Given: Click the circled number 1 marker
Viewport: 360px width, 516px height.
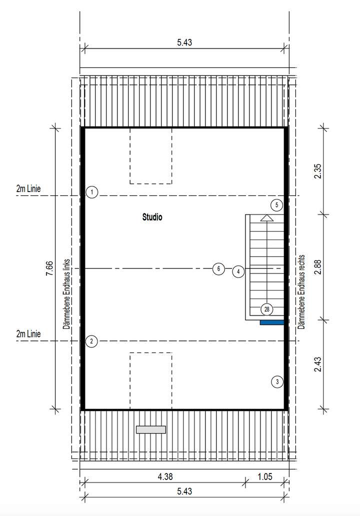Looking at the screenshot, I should pyautogui.click(x=91, y=192).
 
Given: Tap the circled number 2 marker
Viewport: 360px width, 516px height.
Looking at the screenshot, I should pyautogui.click(x=91, y=341).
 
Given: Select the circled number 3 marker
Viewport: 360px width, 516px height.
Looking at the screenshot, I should pyautogui.click(x=277, y=382).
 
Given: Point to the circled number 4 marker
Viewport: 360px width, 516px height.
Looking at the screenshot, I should pyautogui.click(x=239, y=271).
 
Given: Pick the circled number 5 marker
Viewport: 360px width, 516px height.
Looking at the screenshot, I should pyautogui.click(x=277, y=204).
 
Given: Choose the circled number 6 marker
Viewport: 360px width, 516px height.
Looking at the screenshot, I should pyautogui.click(x=218, y=269).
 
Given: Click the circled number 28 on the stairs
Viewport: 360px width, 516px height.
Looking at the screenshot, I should pyautogui.click(x=267, y=309).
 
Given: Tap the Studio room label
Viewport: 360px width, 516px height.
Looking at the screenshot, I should pyautogui.click(x=152, y=217).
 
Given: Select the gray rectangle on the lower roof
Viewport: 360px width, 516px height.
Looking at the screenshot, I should pyautogui.click(x=151, y=429).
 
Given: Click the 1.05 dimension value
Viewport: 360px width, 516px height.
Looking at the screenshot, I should pyautogui.click(x=264, y=476).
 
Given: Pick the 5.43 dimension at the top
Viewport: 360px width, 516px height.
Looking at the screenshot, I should pyautogui.click(x=184, y=43).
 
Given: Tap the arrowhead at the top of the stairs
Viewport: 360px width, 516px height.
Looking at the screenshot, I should pyautogui.click(x=267, y=217).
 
